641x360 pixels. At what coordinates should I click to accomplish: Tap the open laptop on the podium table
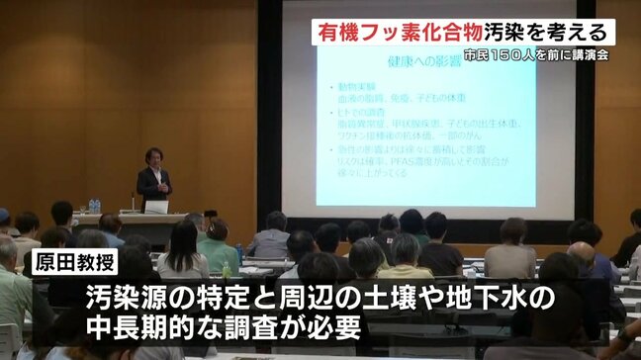click(x=156, y=207)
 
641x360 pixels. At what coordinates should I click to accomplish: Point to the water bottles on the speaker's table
click(x=94, y=205)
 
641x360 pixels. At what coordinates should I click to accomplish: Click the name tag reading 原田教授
click(x=75, y=262)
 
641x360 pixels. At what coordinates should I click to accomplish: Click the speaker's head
click(x=153, y=156)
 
